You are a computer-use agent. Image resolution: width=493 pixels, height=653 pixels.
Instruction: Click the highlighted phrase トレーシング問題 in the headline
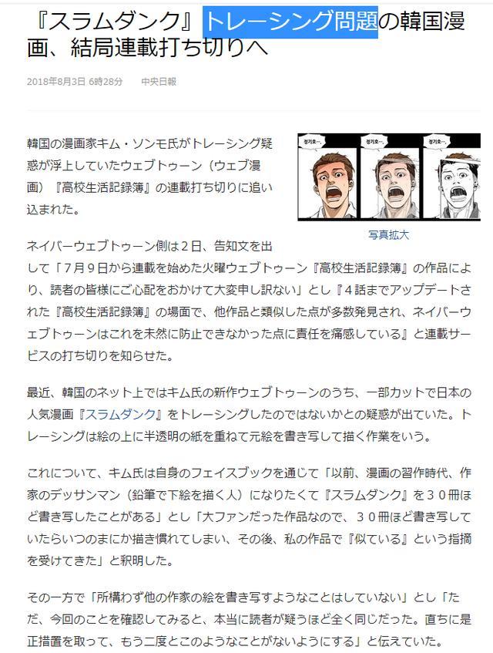290,21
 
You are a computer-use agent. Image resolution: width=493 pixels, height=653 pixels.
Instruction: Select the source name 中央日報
159,82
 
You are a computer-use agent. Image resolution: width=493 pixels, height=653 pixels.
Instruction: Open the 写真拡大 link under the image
388,235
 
